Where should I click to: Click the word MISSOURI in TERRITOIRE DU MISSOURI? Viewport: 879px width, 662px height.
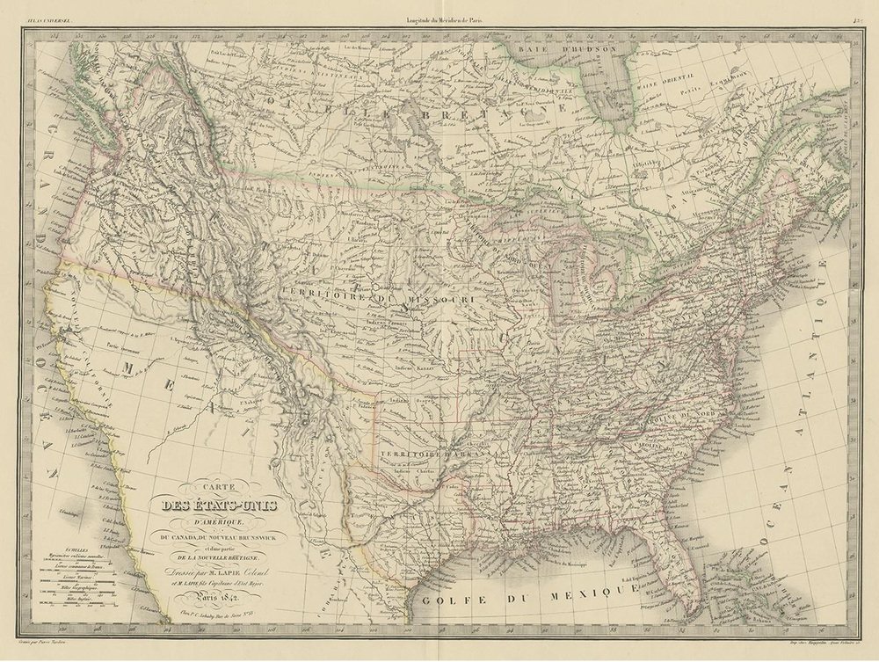point(439,301)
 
